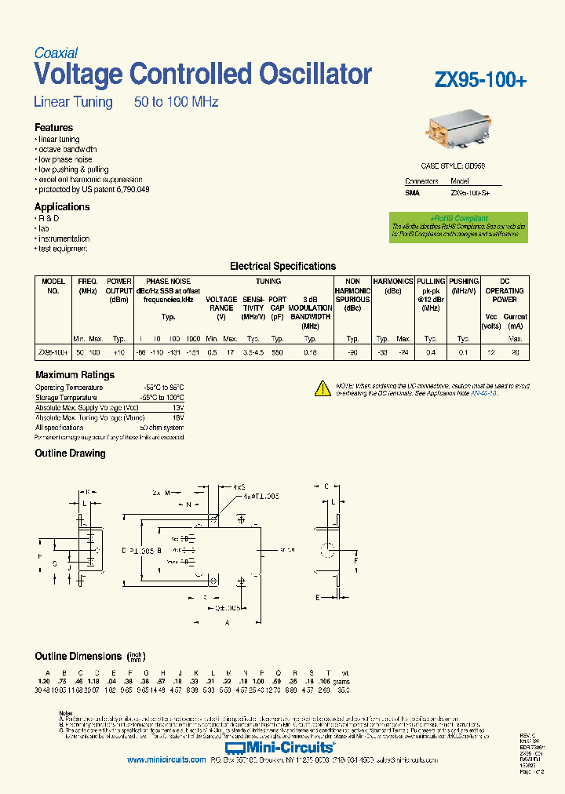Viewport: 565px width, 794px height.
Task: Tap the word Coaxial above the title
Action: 56,53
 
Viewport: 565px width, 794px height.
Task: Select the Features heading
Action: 54,127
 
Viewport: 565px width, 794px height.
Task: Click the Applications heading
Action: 62,207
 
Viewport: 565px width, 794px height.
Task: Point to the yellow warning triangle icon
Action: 323,388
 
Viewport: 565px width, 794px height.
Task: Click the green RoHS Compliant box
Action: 469,227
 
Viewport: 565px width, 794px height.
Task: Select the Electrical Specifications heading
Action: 282,267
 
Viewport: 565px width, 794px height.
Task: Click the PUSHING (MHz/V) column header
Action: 464,286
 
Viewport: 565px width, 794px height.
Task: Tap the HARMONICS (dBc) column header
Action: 392,286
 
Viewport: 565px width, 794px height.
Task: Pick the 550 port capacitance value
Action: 277,354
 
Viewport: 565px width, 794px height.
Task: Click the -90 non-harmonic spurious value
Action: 352,354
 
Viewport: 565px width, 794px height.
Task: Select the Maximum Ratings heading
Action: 75,375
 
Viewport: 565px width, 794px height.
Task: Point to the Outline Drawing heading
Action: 70,453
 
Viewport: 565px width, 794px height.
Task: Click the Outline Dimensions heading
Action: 78,656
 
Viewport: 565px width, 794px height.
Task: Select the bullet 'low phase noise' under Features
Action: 65,159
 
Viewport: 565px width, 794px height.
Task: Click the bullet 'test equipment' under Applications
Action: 63,249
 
